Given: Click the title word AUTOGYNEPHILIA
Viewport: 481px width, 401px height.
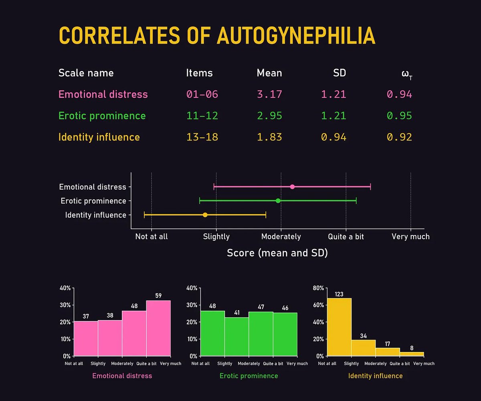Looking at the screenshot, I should tap(296, 36).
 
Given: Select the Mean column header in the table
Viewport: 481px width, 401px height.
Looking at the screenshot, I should tap(269, 73).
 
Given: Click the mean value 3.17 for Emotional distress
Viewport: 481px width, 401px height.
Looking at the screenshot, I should tap(269, 94).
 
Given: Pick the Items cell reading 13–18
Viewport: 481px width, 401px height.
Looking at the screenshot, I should tap(202, 137).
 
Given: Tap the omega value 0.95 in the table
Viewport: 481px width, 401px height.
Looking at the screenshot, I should tap(399, 115).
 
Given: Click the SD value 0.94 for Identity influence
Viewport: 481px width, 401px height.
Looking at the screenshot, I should tap(333, 137).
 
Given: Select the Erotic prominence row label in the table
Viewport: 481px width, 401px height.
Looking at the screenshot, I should tap(102, 115).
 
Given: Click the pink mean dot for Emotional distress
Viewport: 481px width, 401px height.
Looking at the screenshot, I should tap(292, 187).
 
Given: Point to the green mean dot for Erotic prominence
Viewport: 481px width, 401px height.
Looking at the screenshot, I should tap(278, 200).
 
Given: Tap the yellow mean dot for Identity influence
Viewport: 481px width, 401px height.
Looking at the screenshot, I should tap(205, 215).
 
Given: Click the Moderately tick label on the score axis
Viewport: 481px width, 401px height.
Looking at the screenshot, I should tap(281, 237).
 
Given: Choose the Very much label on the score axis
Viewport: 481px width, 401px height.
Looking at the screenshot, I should tap(410, 237).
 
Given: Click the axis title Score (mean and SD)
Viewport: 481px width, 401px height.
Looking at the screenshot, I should tap(277, 253).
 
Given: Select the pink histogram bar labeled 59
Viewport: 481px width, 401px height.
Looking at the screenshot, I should tap(158, 329).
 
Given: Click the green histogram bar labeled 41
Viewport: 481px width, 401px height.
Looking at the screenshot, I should tap(236, 337).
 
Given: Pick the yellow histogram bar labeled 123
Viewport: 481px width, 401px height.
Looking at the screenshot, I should tap(339, 327).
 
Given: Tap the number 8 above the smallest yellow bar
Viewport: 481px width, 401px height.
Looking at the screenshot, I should tap(412, 348).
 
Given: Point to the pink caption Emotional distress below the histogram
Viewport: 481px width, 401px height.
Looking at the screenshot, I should tap(122, 376).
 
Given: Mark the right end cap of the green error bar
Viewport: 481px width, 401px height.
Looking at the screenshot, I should tap(356, 200).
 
